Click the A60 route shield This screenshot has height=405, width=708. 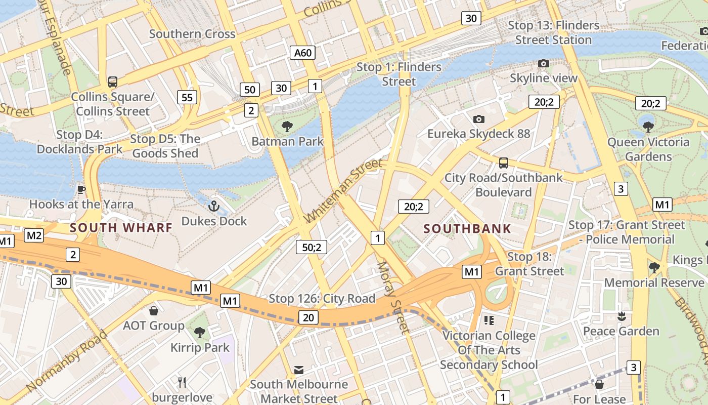click(x=303, y=53)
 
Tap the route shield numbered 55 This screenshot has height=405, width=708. click(x=187, y=97)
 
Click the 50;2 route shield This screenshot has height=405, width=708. click(x=312, y=247)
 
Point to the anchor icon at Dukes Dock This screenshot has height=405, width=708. click(x=213, y=206)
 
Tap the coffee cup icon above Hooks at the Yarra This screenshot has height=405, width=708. click(x=81, y=189)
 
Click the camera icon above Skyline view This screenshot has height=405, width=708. click(x=544, y=63)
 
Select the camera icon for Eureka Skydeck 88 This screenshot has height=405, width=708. click(x=478, y=119)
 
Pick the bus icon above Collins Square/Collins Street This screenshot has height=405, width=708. click(x=113, y=82)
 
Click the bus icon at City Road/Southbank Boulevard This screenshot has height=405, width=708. click(x=503, y=163)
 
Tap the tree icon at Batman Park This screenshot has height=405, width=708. click(x=287, y=126)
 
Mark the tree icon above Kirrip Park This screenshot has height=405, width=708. click(x=200, y=333)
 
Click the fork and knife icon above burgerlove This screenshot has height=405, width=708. click(x=182, y=382)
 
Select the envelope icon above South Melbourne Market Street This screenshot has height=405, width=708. click(x=299, y=370)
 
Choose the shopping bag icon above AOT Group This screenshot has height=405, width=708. click(x=154, y=310)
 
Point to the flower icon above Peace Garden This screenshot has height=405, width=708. click(x=621, y=316)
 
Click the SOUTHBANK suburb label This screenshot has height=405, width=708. click(x=467, y=229)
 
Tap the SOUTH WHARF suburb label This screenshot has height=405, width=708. click(x=121, y=228)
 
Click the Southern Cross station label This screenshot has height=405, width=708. click(x=192, y=34)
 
